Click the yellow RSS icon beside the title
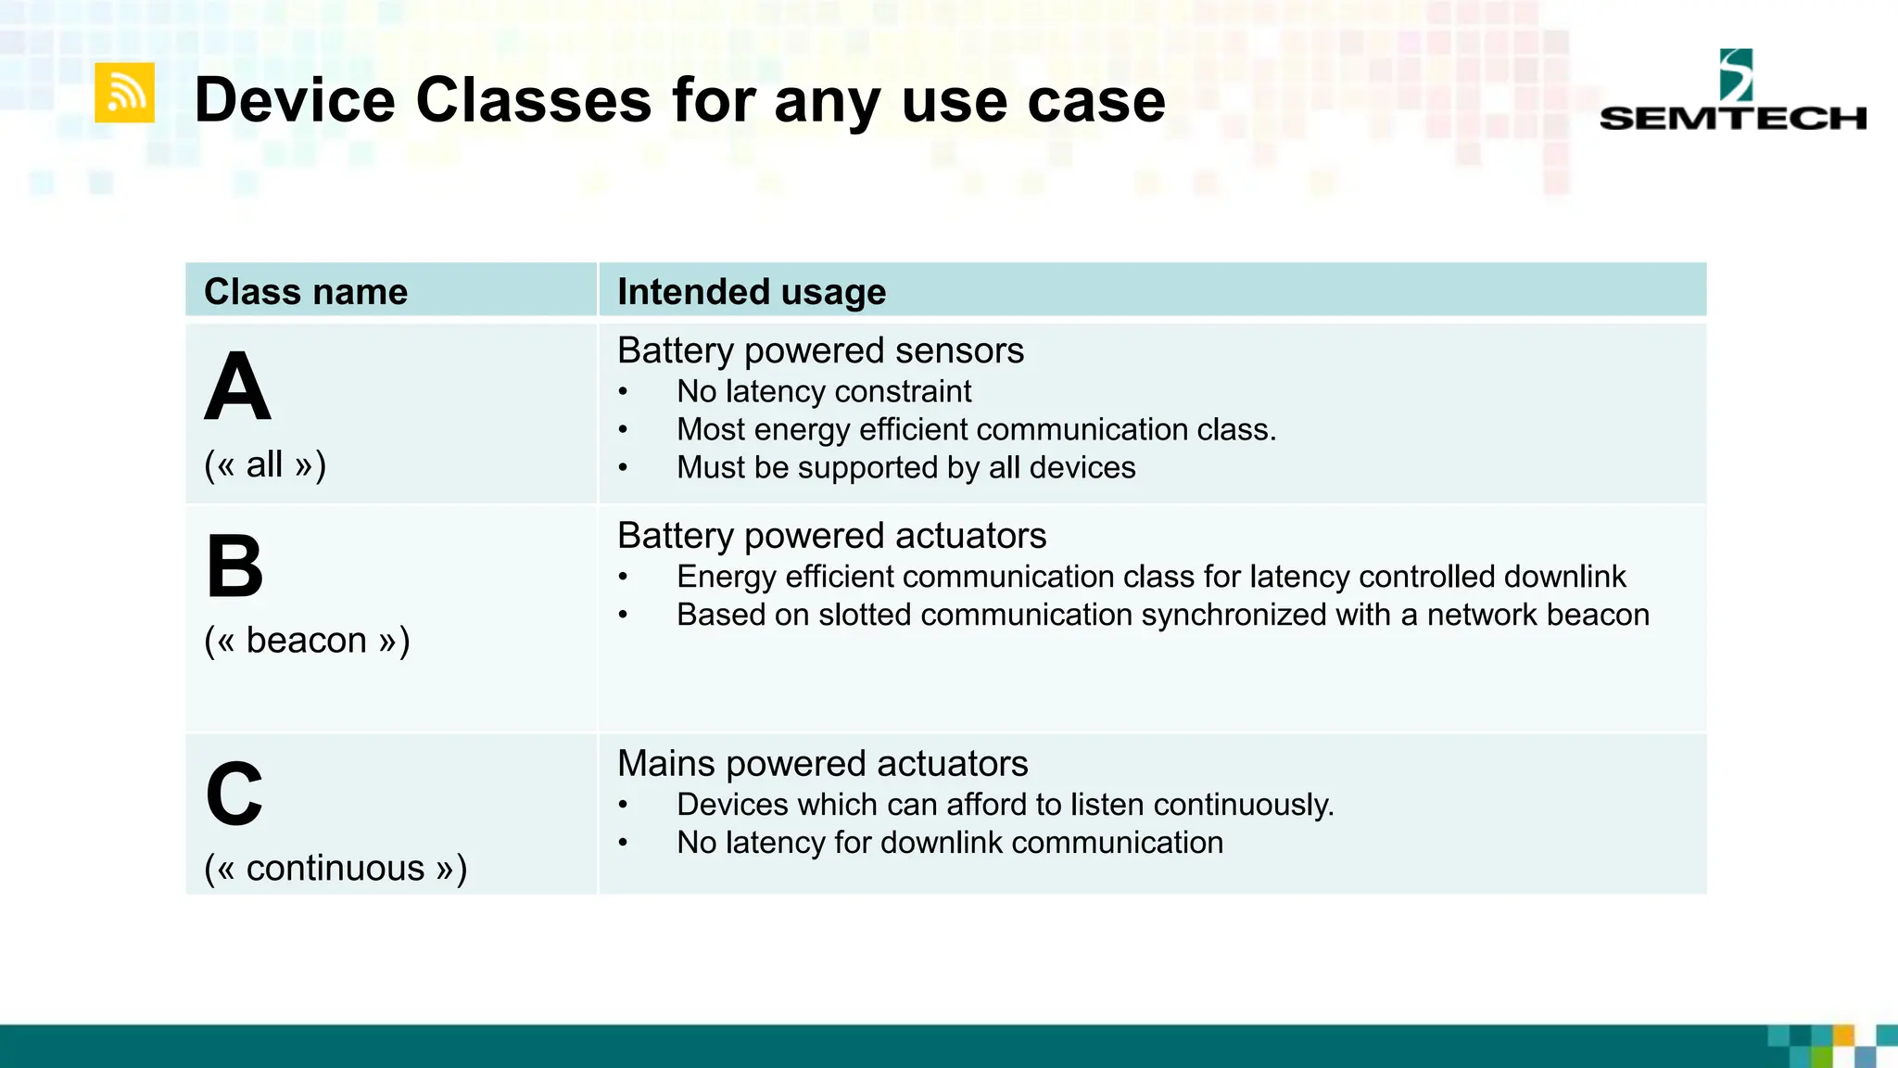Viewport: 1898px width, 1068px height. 124,93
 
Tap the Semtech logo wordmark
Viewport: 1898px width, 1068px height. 1732,118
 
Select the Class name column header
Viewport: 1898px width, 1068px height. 305,292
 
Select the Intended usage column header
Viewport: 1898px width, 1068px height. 751,292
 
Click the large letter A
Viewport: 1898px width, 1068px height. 237,388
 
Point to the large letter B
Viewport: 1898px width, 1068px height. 234,566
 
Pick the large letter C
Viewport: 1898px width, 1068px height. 234,794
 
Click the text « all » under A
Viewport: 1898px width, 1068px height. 265,464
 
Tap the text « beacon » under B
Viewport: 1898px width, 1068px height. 307,641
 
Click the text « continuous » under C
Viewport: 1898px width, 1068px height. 335,869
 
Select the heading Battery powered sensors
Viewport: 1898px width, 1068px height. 820,350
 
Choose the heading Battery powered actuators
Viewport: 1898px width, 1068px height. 831,536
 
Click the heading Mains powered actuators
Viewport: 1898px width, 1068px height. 822,764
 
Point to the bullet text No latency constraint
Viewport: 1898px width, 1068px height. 824,391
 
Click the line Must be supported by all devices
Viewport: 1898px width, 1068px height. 905,467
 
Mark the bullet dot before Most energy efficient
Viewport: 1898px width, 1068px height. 624,430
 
